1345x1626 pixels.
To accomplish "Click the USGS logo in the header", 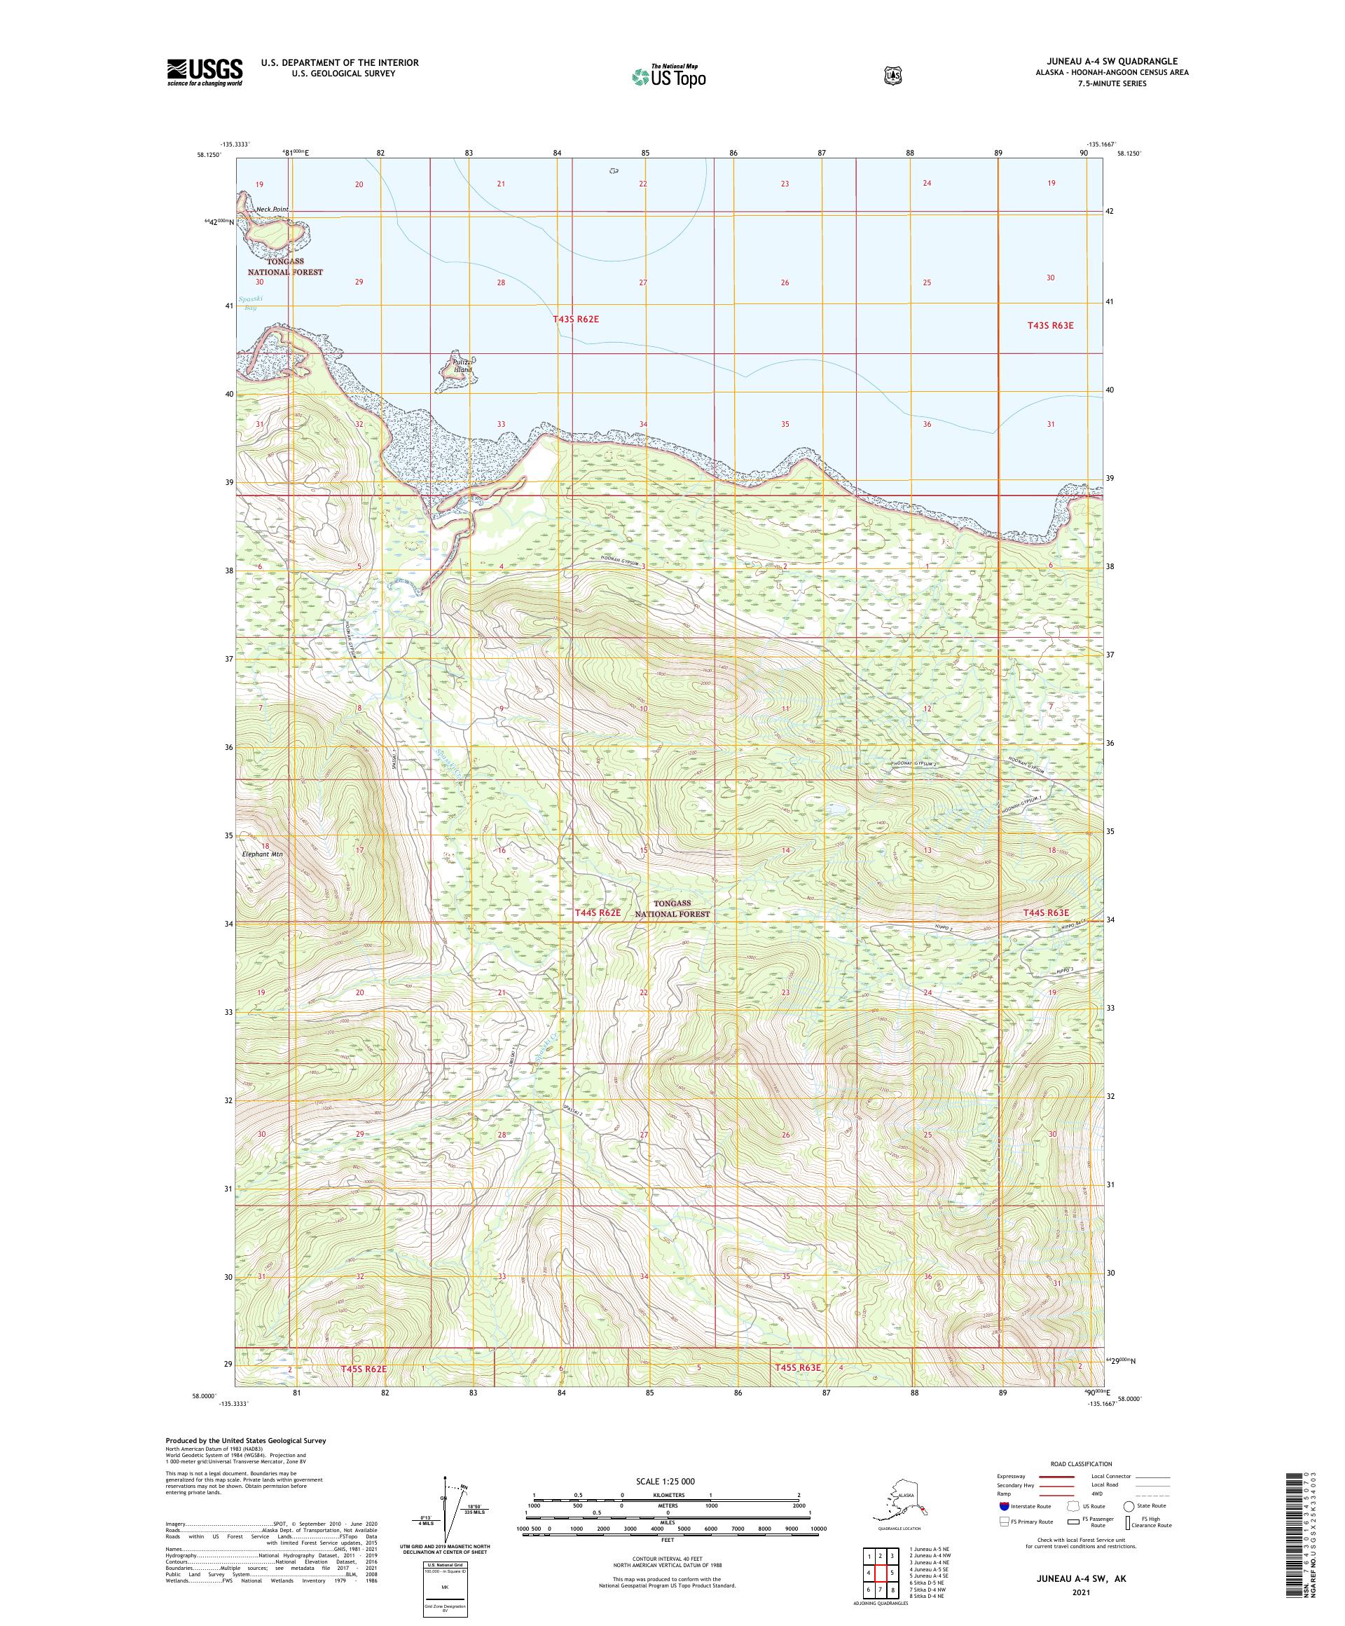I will (x=205, y=72).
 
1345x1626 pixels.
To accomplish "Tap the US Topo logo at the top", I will (x=670, y=76).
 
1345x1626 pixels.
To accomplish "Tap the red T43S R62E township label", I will (x=576, y=319).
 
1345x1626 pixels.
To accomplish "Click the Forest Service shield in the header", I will (x=893, y=76).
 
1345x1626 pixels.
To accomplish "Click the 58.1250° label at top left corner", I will (x=209, y=155).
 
